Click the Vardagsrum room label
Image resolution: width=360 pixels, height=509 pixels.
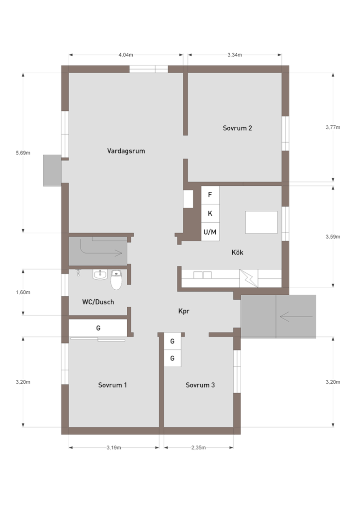tap(126, 151)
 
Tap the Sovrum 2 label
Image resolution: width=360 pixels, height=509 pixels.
tap(237, 128)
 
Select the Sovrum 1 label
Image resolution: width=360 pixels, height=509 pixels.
tap(112, 385)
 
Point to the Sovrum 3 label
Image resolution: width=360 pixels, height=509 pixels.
tap(200, 385)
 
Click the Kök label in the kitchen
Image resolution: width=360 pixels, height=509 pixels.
tap(237, 252)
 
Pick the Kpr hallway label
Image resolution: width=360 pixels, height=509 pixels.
tap(184, 311)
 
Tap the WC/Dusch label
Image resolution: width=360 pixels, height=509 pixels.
tap(98, 302)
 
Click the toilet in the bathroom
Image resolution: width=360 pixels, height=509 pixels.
tap(116, 280)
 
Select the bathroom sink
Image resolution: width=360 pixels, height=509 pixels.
tap(99, 274)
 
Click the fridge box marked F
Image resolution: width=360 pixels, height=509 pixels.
tap(210, 195)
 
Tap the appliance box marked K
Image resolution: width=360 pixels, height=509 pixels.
tap(210, 213)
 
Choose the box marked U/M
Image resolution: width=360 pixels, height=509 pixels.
tap(210, 232)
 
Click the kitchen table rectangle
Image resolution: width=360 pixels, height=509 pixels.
tap(262, 222)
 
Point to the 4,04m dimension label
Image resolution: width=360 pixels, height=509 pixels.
tap(126, 55)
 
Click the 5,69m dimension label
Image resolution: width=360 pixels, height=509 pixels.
tap(23, 153)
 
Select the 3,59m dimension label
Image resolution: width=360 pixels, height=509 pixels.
tap(333, 237)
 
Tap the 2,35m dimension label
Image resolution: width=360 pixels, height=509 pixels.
tap(198, 448)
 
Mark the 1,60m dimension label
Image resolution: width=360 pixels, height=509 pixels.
tap(23, 292)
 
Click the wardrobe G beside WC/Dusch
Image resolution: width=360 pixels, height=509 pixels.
tap(98, 328)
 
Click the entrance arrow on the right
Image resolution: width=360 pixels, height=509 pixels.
tap(296, 317)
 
